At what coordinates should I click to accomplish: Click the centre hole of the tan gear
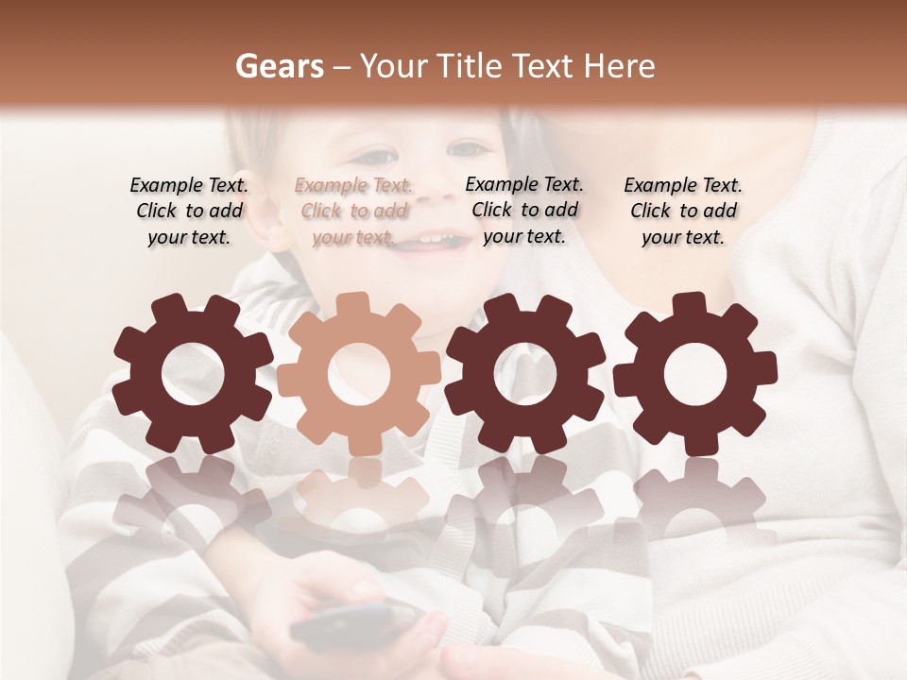pyautogui.click(x=359, y=375)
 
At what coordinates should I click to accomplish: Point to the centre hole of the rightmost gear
pyautogui.click(x=694, y=375)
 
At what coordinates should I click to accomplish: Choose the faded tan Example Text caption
pyautogui.click(x=353, y=212)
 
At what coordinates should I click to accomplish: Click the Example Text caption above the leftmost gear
pyautogui.click(x=189, y=212)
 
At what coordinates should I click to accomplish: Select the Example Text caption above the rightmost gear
pyautogui.click(x=683, y=212)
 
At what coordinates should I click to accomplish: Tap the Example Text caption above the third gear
pyautogui.click(x=524, y=211)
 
